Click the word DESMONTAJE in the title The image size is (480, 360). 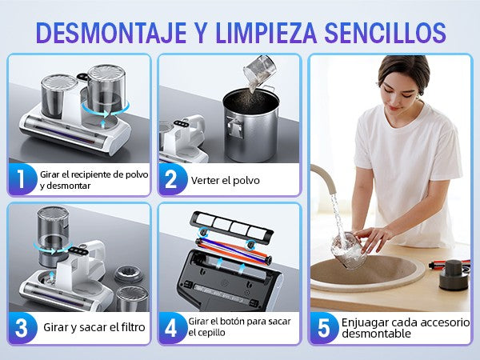[x=111, y=33]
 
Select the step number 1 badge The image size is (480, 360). [x=22, y=179]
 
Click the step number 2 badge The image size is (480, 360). [x=172, y=179]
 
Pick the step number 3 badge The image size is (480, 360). [x=22, y=328]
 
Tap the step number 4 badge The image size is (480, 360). [x=171, y=328]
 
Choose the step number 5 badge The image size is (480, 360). [x=324, y=328]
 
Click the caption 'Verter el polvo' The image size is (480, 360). [x=226, y=180]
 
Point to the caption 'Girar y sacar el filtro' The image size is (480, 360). [x=94, y=327]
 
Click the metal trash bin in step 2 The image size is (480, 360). [x=251, y=125]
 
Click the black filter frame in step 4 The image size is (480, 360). [x=231, y=226]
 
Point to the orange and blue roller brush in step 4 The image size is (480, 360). [x=234, y=250]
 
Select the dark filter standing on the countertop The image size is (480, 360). [x=454, y=275]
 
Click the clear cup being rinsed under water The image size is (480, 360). [x=350, y=250]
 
